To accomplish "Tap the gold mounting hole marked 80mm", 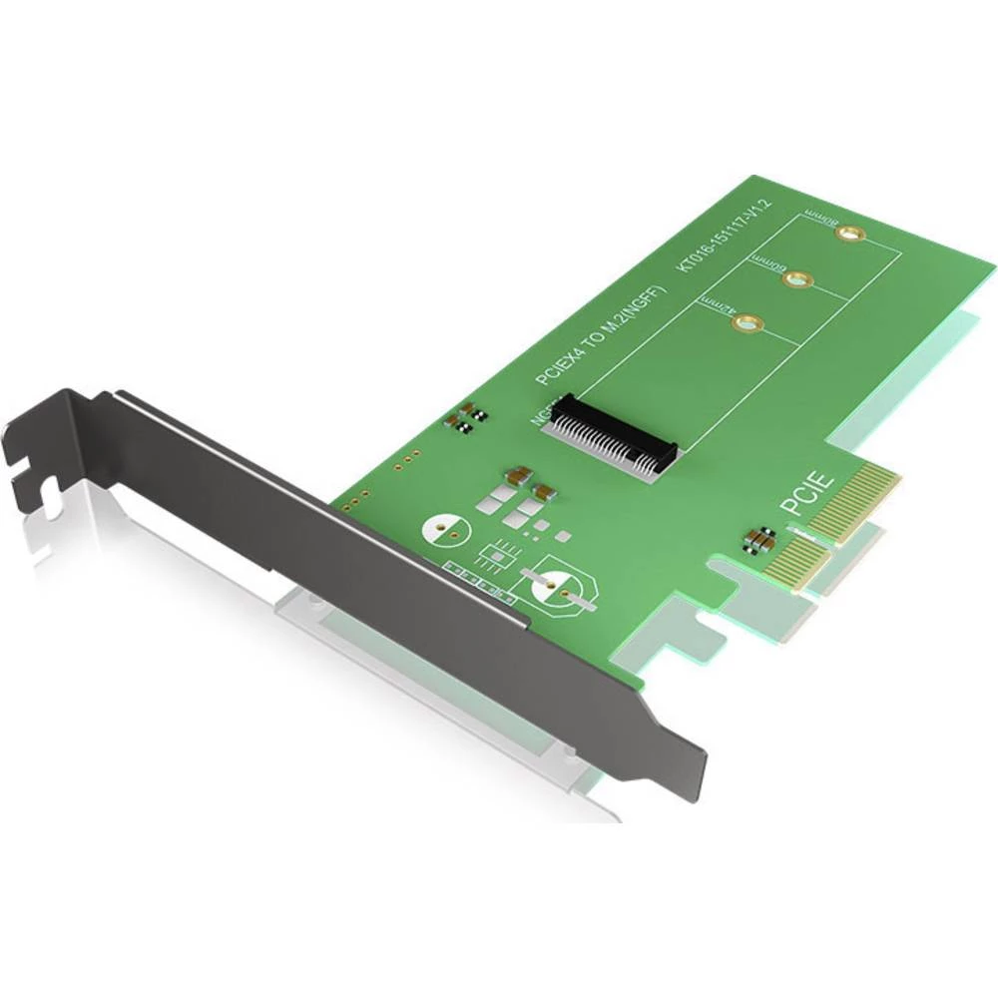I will coord(849,235).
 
